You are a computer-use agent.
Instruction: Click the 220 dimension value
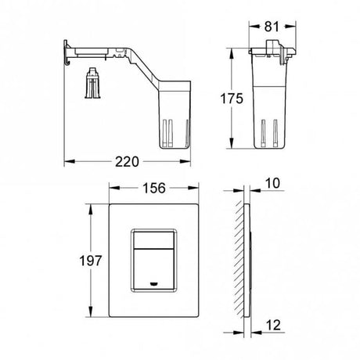coord(127,162)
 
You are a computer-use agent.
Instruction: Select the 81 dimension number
coord(272,27)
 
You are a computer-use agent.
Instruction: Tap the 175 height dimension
coord(232,99)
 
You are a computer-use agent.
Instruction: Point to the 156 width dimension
coord(154,188)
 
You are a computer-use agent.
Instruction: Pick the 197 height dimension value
coord(91,261)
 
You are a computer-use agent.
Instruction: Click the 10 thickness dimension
coord(272,183)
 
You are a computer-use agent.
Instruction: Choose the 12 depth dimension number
coord(273,325)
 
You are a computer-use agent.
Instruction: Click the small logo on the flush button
coord(153,283)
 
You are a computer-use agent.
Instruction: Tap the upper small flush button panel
coord(153,239)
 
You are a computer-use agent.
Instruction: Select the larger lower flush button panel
coord(153,268)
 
